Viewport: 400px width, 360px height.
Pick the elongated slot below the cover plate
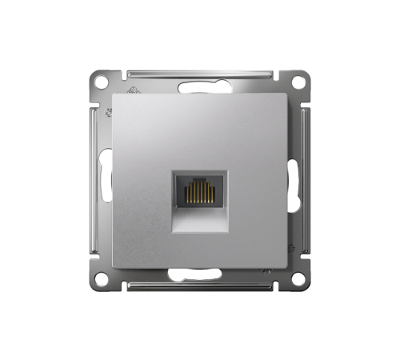point(200,281)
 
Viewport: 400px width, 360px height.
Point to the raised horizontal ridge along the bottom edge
point(200,289)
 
